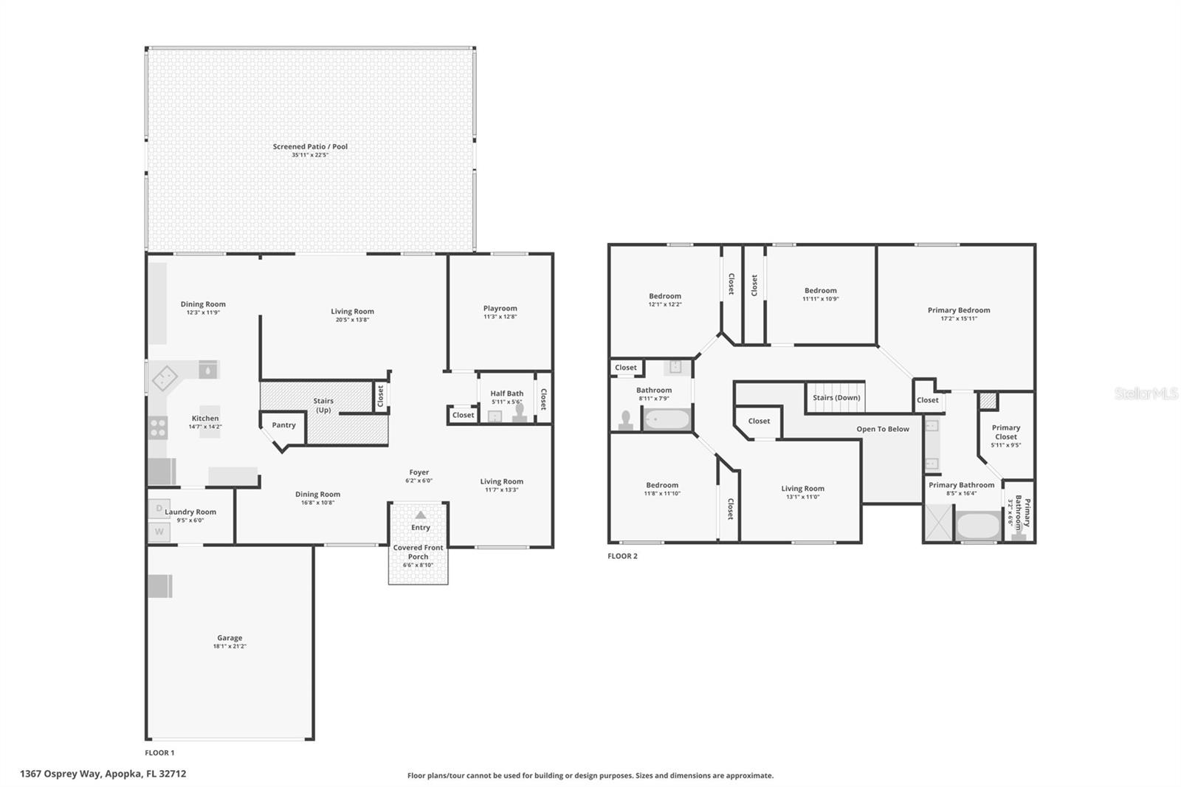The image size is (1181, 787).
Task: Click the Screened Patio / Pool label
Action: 310,147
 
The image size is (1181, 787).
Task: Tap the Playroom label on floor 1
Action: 500,308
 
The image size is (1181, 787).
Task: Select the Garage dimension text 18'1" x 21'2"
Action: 230,646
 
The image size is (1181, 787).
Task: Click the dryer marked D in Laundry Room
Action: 159,509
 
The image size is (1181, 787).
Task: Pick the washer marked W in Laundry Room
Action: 159,532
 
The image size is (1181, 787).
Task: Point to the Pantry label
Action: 283,425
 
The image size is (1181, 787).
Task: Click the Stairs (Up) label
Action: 323,405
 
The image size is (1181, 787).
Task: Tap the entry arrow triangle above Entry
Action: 420,515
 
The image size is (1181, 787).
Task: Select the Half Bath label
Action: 506,393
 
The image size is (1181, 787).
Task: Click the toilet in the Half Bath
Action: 520,413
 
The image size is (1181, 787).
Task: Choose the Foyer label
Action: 419,472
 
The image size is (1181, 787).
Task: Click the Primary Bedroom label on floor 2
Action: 959,310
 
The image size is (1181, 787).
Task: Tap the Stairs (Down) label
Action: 836,398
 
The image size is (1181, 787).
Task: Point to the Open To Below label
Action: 883,429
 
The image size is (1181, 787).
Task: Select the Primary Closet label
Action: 1005,432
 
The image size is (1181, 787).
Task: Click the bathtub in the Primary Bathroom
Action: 978,526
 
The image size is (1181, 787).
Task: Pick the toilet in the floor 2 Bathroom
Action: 625,421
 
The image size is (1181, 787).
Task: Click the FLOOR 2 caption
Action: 622,556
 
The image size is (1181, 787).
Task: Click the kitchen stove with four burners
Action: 158,427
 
